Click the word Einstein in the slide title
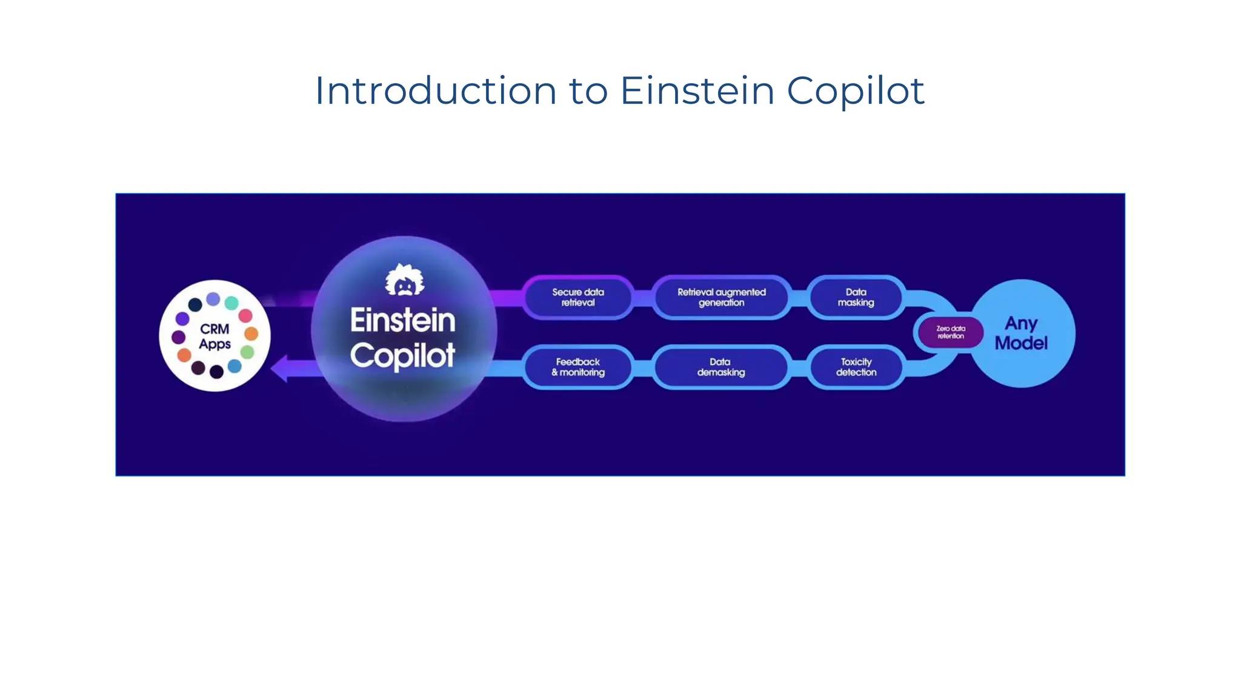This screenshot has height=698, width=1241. click(697, 91)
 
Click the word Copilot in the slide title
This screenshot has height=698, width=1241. click(855, 91)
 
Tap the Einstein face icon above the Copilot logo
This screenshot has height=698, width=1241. click(405, 280)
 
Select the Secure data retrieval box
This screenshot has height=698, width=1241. click(577, 297)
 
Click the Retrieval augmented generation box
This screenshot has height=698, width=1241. click(721, 297)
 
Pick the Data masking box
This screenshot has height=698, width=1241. click(856, 297)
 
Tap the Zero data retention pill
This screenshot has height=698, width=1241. click(950, 332)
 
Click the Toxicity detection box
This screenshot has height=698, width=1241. click(856, 367)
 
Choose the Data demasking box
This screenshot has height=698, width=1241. click(720, 367)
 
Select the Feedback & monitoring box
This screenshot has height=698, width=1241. click(577, 367)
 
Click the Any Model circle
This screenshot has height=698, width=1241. click(1022, 333)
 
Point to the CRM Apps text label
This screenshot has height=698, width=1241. click(215, 337)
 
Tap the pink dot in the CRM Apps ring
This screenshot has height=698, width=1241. click(245, 315)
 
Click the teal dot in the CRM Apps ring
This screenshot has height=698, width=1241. click(231, 303)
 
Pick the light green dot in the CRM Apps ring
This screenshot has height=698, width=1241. click(247, 352)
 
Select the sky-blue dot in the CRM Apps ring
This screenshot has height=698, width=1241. click(235, 366)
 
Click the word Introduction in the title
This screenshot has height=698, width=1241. click(435, 91)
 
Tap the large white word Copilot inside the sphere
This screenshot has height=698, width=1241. click(402, 356)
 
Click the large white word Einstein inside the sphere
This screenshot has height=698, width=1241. click(402, 320)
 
